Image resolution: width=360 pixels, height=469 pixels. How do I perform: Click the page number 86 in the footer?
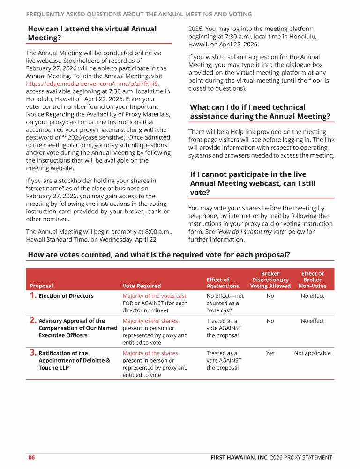coord(31,458)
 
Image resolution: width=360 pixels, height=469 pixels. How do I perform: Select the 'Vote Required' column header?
coord(142,286)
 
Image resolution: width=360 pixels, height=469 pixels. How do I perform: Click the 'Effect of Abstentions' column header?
coord(223,282)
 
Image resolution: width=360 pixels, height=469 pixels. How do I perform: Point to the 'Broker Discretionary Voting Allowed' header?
coord(270,280)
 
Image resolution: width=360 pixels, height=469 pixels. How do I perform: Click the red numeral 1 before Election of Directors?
coord(33,295)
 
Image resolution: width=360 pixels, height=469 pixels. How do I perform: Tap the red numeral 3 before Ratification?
coord(33,353)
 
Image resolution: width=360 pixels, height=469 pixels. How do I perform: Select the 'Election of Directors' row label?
coord(66,296)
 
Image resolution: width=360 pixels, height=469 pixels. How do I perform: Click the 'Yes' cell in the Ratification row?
coord(270,353)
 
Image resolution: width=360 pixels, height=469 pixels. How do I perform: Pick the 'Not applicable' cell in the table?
coord(312,353)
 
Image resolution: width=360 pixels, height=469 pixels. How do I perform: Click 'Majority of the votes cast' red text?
coord(154,296)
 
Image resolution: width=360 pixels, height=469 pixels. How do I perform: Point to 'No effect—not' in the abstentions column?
coord(225,296)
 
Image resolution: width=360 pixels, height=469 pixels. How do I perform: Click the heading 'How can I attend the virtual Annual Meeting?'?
coord(92,33)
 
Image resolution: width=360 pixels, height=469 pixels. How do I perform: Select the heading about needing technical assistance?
coord(260,112)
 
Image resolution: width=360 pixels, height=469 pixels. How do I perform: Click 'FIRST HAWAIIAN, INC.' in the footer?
coord(240,458)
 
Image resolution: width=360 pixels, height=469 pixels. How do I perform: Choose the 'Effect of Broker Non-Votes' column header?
coord(312,280)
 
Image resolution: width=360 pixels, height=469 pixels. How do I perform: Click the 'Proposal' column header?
coord(41,286)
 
